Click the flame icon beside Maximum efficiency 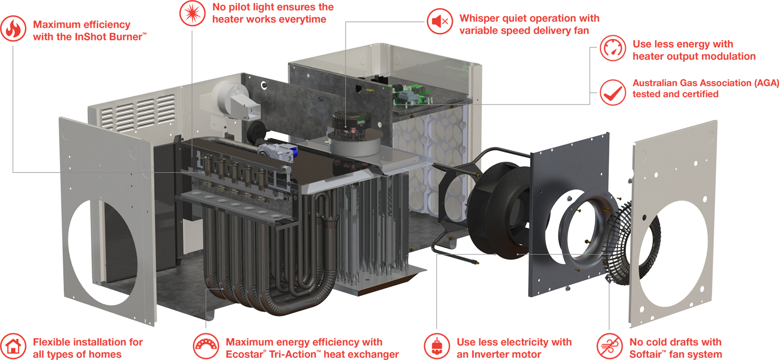[13, 29]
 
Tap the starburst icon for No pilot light [192, 13]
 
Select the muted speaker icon [440, 21]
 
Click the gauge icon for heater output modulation [613, 48]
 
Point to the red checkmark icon [613, 92]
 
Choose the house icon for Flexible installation [13, 346]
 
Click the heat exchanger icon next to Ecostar [206, 346]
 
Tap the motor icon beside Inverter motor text [437, 346]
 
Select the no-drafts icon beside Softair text [610, 346]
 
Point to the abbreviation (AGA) [767, 83]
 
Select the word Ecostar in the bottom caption [246, 354]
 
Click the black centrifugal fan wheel [499, 210]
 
